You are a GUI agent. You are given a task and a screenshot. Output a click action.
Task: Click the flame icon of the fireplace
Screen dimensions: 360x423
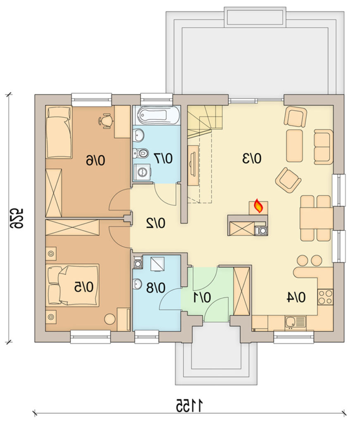click(259, 206)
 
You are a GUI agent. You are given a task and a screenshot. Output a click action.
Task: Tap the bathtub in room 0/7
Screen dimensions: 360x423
click(157, 116)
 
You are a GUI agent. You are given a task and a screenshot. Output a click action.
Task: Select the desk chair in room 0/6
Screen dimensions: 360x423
click(105, 120)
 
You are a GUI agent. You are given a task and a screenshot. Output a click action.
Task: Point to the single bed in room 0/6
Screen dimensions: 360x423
click(59, 132)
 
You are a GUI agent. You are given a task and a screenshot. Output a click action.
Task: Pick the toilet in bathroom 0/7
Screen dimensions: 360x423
click(141, 153)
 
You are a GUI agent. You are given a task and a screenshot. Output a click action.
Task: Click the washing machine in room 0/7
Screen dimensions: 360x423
click(141, 171)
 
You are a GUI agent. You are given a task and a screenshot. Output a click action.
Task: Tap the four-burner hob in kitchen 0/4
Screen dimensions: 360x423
click(325, 297)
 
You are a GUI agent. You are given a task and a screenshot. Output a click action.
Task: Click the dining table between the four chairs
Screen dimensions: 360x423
click(316, 218)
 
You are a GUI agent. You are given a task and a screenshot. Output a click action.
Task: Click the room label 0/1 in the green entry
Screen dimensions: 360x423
click(202, 297)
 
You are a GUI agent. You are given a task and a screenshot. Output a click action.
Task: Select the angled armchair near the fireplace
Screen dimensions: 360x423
click(288, 180)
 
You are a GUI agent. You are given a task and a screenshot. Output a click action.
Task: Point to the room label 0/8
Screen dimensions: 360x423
click(156, 288)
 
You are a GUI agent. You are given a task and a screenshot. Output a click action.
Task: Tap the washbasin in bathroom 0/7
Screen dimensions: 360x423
click(139, 135)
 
